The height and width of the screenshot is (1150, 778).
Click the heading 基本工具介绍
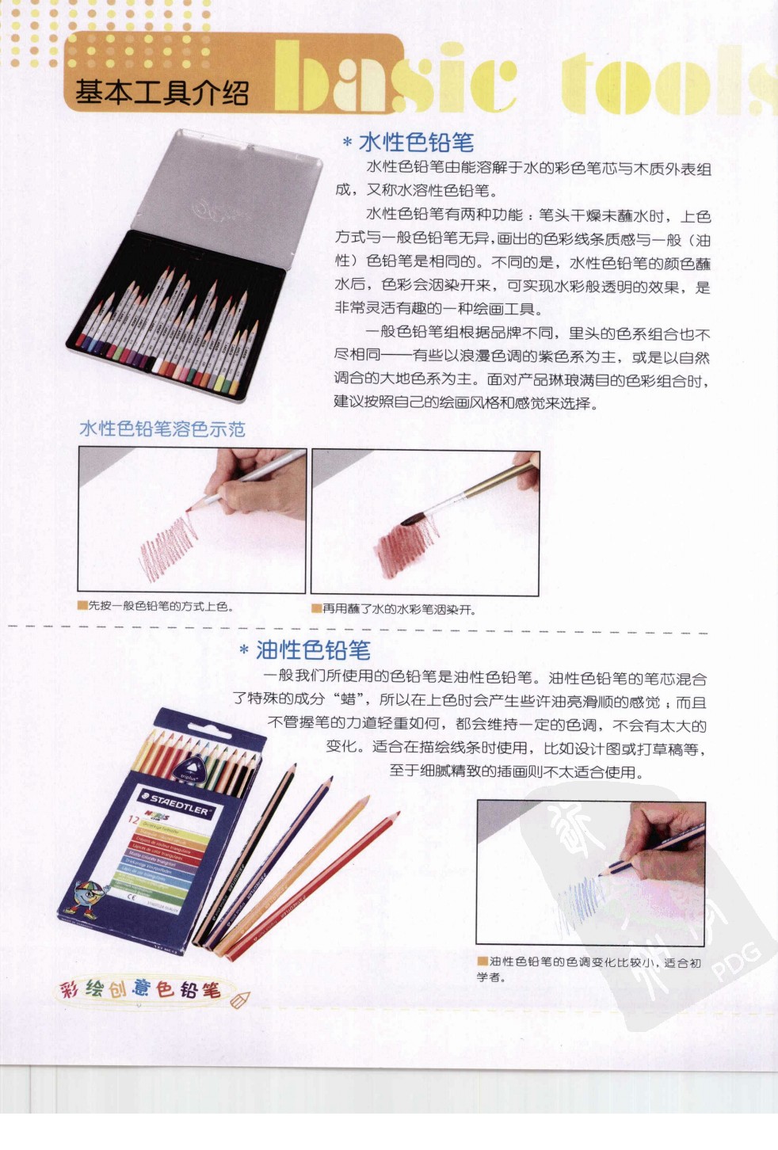tap(162, 93)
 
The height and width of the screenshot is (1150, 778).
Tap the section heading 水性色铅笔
tap(416, 143)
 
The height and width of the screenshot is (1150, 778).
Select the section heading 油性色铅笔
tap(313, 651)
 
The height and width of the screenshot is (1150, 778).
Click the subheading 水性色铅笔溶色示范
tap(162, 429)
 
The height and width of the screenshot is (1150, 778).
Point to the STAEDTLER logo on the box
tap(180, 804)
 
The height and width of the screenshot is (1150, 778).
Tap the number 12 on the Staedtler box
tap(133, 819)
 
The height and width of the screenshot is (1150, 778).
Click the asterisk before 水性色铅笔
tap(347, 143)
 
